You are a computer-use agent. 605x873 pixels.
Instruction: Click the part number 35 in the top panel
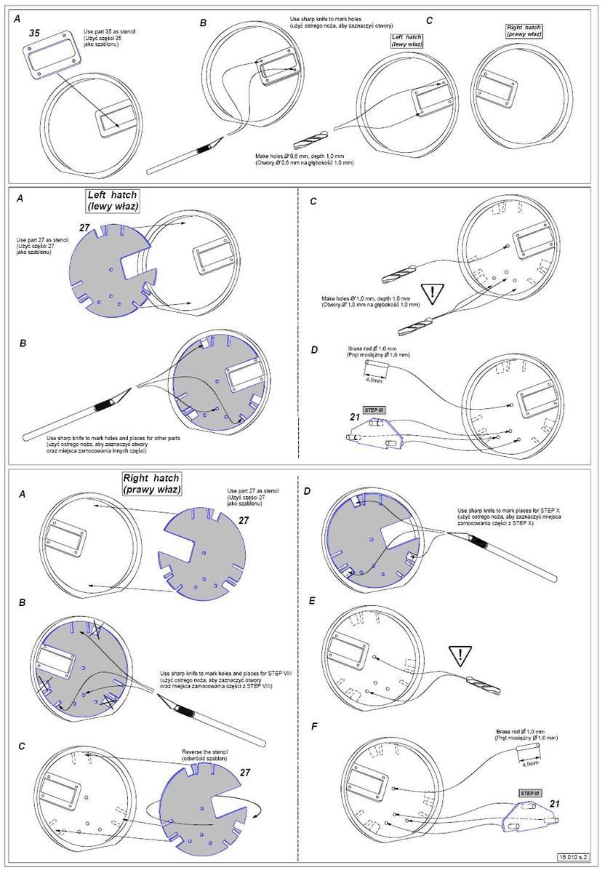coord(34,33)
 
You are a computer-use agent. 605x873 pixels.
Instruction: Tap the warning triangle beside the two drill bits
coord(433,294)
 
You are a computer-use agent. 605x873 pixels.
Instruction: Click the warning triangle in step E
coord(460,656)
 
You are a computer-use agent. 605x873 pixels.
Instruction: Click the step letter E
coord(310,601)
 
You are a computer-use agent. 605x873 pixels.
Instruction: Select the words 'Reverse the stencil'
coord(204,752)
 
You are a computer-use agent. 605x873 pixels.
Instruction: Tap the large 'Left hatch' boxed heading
coord(112,200)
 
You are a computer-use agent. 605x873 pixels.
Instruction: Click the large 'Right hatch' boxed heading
coord(151,483)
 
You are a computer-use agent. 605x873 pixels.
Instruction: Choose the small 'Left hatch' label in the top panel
coord(407,40)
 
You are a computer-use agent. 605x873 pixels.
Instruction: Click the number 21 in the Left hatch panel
coord(355,417)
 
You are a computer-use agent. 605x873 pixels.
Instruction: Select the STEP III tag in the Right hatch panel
coord(530,792)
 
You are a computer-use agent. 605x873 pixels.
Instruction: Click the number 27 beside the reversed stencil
coord(245,773)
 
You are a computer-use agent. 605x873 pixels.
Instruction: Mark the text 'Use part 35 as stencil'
coord(109,33)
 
